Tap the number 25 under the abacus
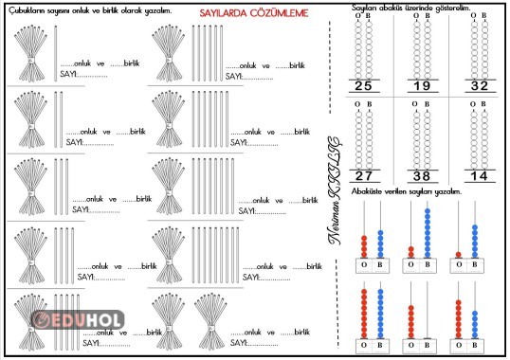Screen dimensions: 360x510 [363, 86]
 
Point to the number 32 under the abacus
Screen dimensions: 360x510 [480, 86]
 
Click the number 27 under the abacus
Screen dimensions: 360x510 [363, 175]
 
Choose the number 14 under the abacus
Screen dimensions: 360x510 [480, 175]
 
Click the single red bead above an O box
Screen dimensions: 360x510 [460, 254]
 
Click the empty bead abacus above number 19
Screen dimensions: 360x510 [422, 47]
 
